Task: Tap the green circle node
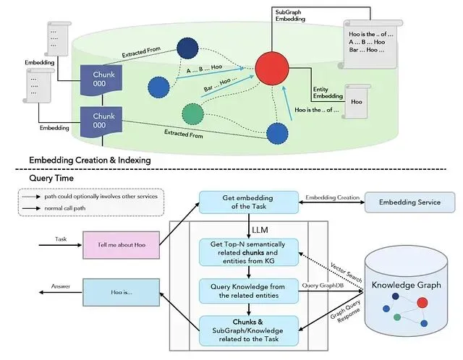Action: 193,114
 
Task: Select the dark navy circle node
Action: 187,48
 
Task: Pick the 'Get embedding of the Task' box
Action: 249,202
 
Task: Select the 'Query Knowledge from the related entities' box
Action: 249,291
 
